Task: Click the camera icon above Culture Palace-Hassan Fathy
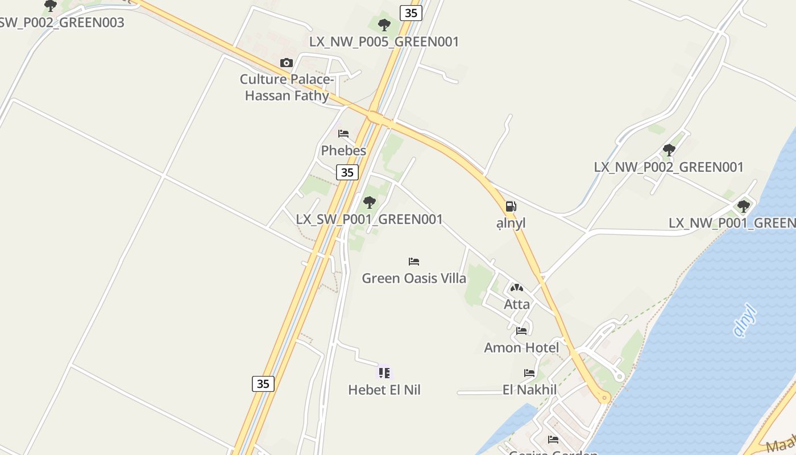point(286,63)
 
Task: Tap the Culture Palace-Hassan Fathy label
point(287,87)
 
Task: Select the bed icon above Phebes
point(343,134)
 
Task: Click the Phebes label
point(343,151)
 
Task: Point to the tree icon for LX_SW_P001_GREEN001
point(370,202)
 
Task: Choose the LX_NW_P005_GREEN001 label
point(384,42)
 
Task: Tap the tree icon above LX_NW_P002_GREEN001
point(669,150)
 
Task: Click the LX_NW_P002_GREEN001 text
point(669,167)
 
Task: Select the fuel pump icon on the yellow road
point(511,206)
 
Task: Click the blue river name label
point(745,321)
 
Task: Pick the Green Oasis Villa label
point(414,278)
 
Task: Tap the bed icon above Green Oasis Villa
point(414,262)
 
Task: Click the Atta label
point(517,304)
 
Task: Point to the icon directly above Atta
point(516,288)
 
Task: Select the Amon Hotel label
point(521,348)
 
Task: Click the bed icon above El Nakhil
point(529,373)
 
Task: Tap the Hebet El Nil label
point(384,390)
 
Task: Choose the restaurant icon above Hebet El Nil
point(384,373)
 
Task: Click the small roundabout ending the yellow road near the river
point(605,398)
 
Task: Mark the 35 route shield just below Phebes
point(347,172)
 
